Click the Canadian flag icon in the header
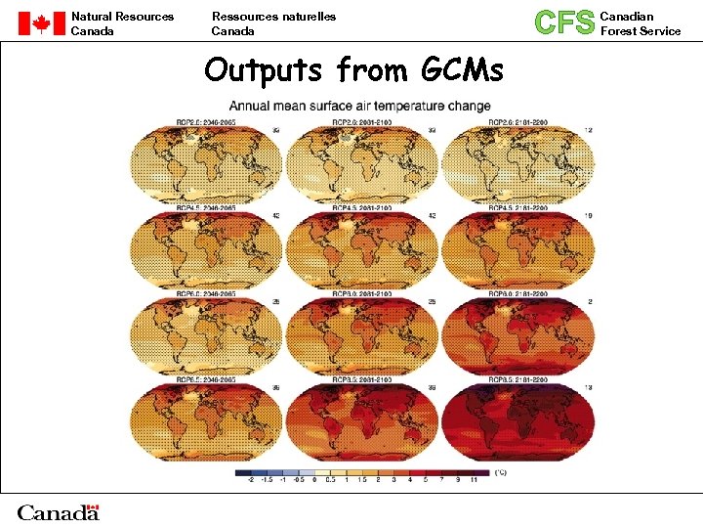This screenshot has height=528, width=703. pos(41,23)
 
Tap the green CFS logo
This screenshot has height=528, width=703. pos(564,22)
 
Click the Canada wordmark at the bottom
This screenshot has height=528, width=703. pos(59,511)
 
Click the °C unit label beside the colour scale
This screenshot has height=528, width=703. pos(500,473)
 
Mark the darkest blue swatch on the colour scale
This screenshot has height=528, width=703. pos(242,473)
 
